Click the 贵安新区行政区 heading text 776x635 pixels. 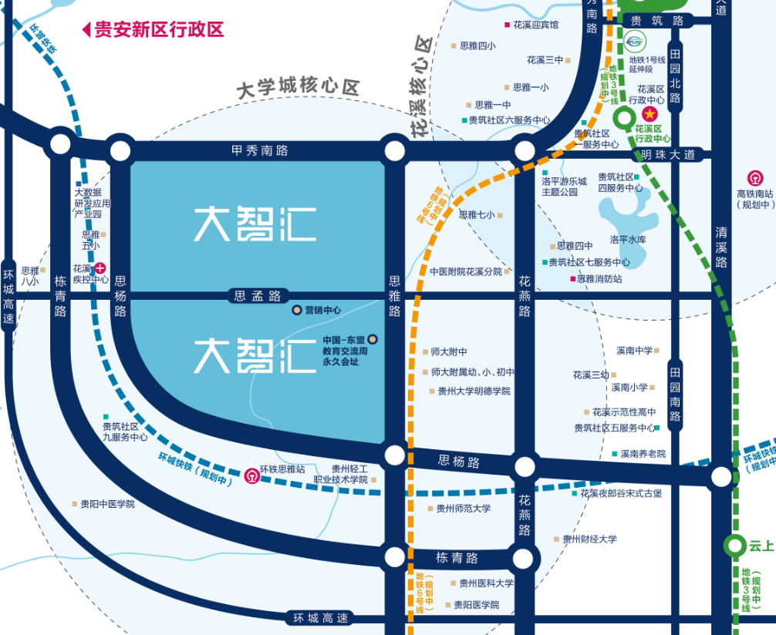(x=158, y=29)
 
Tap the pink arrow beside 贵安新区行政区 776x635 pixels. (x=86, y=30)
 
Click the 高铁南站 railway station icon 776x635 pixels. (x=754, y=176)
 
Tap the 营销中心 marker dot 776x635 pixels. (x=296, y=311)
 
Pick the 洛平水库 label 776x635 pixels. (x=627, y=240)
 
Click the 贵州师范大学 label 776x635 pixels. (x=463, y=509)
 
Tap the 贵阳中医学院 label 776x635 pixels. (x=107, y=504)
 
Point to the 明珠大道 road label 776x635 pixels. (x=669, y=155)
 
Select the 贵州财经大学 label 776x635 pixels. (x=589, y=539)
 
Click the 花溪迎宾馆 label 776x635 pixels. (x=535, y=25)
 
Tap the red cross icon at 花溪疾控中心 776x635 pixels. (x=100, y=268)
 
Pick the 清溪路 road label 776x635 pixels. (x=721, y=247)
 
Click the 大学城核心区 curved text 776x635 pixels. (x=298, y=88)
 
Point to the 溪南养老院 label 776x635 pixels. (x=643, y=454)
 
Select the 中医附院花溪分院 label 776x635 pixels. (x=466, y=271)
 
